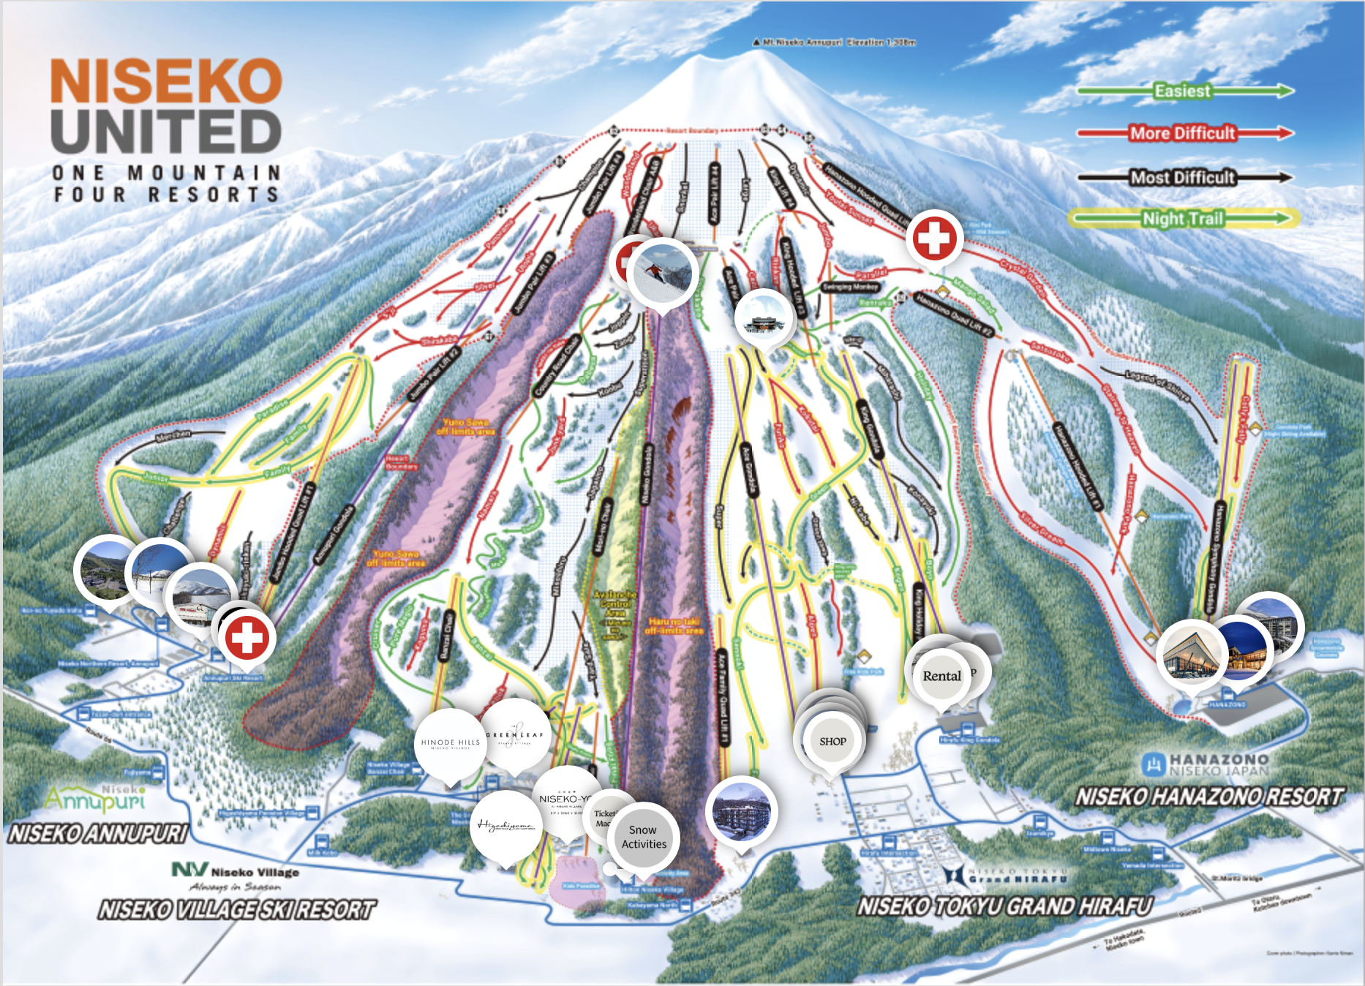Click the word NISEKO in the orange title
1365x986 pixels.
(166, 81)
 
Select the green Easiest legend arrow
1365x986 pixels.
(1183, 91)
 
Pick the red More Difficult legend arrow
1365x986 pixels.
(1183, 133)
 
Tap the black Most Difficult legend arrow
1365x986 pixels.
(1183, 177)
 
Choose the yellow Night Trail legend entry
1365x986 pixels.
(1183, 218)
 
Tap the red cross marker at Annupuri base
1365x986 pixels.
(247, 636)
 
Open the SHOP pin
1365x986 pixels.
(832, 741)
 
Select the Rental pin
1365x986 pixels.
(941, 676)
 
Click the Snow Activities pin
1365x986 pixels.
(644, 837)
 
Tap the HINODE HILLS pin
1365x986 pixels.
(451, 742)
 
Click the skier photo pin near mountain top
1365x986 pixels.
(661, 272)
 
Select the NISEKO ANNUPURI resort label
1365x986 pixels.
(98, 834)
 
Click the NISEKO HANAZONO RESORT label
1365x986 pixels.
(1209, 797)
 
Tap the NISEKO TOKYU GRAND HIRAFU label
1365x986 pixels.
(1005, 907)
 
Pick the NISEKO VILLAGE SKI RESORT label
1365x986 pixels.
(237, 910)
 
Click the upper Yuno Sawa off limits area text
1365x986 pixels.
(466, 427)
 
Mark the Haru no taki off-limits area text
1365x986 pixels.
(674, 625)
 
